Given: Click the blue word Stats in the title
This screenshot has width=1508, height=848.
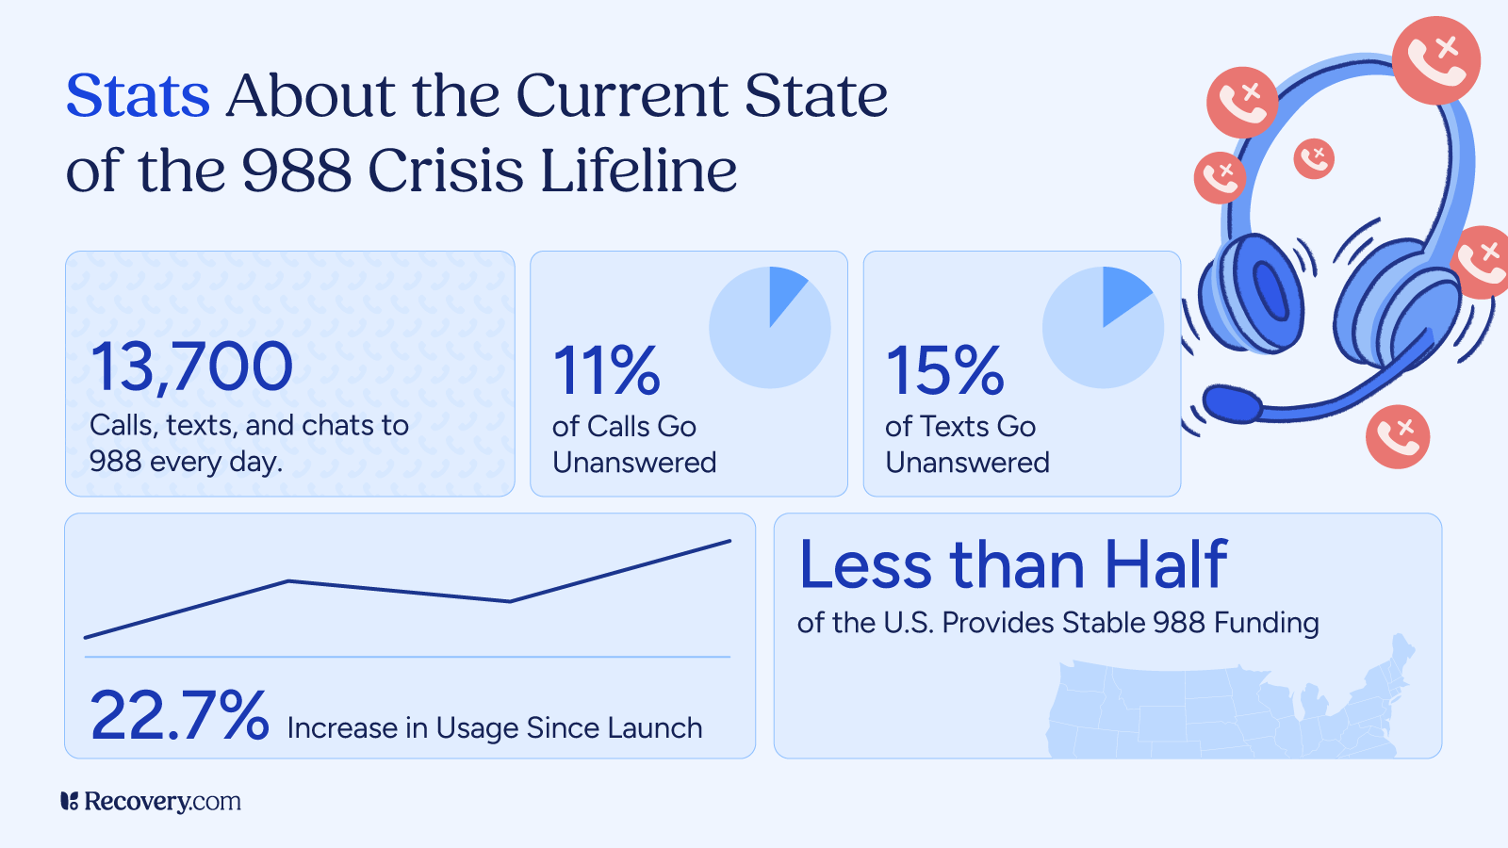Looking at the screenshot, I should (138, 96).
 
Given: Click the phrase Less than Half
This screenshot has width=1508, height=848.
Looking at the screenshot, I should (1012, 565).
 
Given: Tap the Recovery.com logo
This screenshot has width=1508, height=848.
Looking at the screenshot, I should (151, 801).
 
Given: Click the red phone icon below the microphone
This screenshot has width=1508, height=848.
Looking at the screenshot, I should (1397, 436).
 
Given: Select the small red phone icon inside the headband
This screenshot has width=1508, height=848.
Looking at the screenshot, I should (1313, 158).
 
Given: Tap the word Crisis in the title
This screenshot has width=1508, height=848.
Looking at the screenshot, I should (445, 171).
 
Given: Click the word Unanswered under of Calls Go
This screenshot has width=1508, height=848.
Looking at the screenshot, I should (634, 463).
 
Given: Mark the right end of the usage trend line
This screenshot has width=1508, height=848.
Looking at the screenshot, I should (729, 541).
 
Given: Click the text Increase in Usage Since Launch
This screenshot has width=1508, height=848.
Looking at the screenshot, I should (495, 728).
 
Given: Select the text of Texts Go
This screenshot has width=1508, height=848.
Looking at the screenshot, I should (959, 427).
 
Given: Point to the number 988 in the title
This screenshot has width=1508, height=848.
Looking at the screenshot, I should (296, 171).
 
